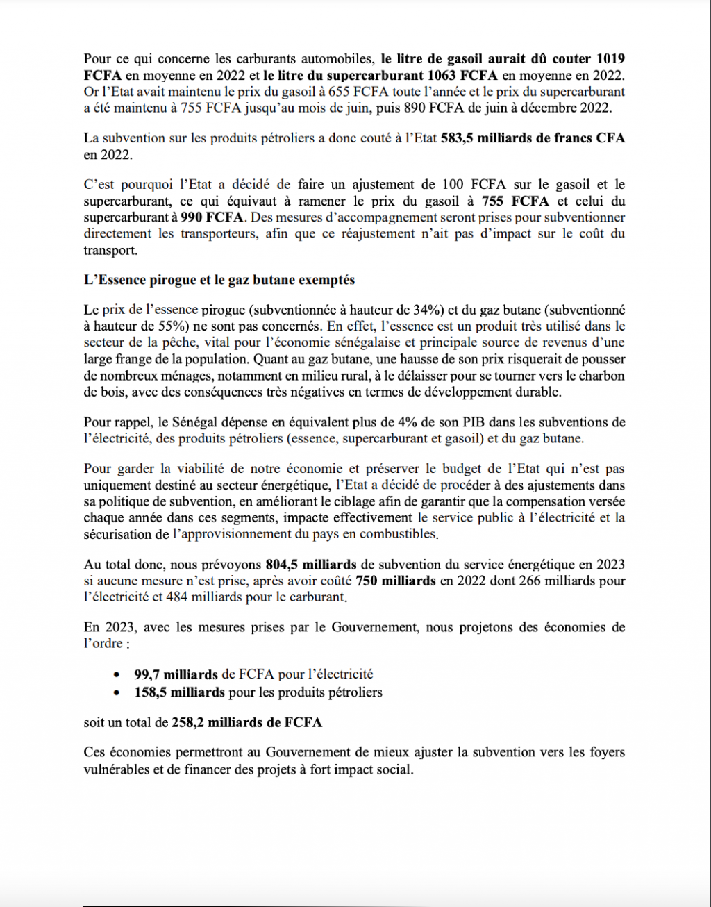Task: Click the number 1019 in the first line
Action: click(610, 59)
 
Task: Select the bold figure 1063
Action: click(444, 75)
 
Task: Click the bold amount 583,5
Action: click(458, 138)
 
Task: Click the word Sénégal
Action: click(199, 422)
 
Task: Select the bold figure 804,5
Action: click(281, 565)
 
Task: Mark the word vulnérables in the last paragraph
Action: click(117, 769)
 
